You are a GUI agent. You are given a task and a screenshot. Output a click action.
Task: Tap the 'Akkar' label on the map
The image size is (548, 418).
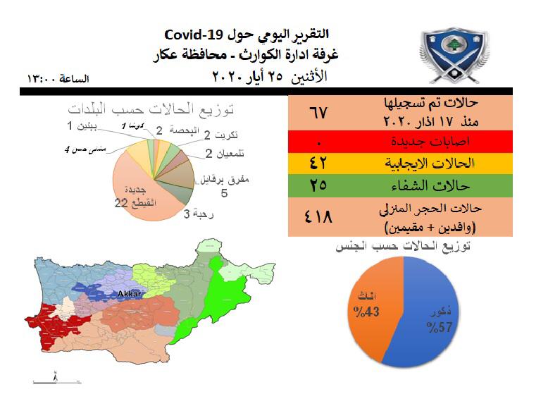130,292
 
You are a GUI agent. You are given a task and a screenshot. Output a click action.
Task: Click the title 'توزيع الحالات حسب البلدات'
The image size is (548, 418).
151,109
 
